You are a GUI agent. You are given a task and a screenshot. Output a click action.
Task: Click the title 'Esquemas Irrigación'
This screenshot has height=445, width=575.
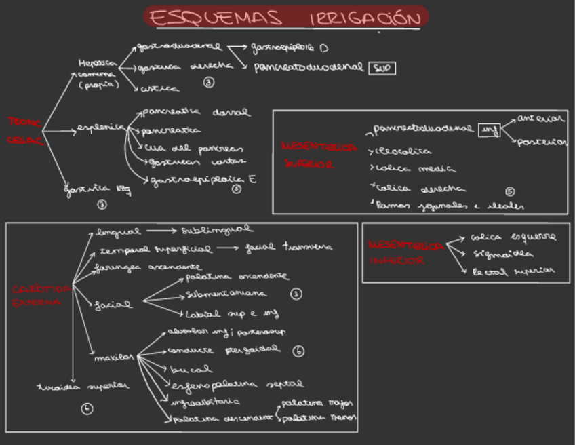tap(286, 18)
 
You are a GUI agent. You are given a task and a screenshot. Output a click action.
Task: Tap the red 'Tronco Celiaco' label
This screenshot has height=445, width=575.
tap(25, 131)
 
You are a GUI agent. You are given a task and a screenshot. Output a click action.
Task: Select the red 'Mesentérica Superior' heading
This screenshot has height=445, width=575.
tap(318, 155)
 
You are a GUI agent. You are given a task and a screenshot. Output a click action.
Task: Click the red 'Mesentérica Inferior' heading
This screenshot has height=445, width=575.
tap(406, 252)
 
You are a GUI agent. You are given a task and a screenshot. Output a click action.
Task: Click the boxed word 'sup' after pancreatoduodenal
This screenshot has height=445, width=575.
tap(382, 68)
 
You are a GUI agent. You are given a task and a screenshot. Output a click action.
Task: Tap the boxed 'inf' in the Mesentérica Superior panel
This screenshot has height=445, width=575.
tap(488, 130)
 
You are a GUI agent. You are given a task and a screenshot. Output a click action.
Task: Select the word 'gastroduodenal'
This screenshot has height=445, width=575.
tap(179, 47)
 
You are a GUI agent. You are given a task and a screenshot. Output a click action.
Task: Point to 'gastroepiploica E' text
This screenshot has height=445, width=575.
tap(203, 180)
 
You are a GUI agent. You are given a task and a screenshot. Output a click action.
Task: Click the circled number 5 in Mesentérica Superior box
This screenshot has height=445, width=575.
tap(510, 191)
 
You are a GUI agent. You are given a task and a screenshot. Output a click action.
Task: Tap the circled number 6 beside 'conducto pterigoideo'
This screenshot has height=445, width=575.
tap(299, 351)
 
